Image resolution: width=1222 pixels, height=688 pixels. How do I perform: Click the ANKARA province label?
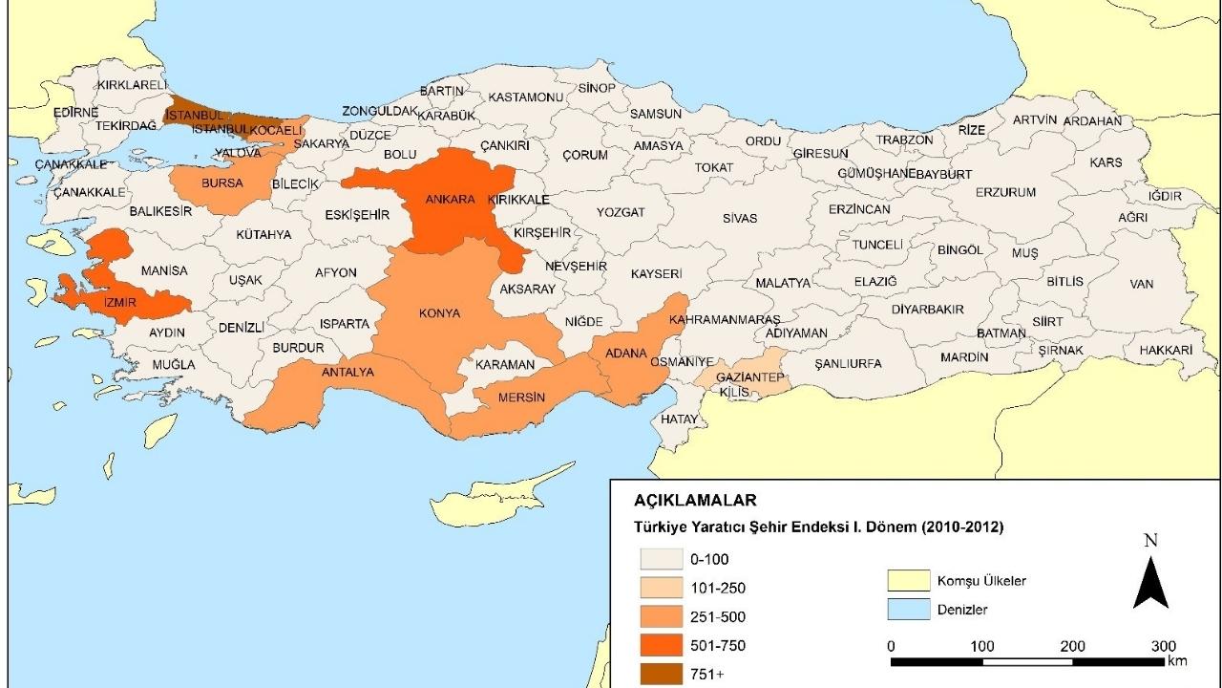point(450,200)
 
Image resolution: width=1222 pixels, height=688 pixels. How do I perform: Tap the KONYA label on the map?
point(439,313)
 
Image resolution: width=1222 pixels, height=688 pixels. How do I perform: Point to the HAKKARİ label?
point(1165,351)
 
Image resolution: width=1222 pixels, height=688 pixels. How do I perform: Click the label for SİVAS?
point(739,218)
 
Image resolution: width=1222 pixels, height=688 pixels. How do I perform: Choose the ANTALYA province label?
point(348,372)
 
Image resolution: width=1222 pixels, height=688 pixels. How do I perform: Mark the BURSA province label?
point(221,183)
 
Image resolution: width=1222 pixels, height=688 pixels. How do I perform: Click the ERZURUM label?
point(1004,192)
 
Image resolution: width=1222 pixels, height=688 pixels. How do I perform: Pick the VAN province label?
point(1141,284)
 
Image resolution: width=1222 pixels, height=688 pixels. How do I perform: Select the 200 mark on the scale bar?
point(1072,646)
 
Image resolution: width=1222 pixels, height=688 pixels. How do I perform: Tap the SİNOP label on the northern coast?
point(597,88)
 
